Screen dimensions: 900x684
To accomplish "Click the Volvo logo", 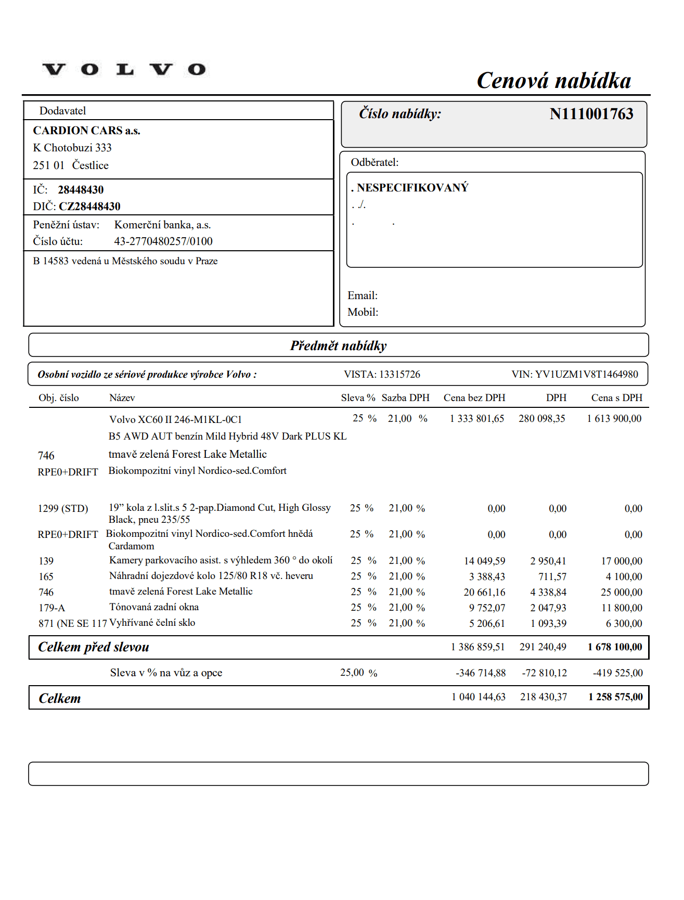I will (x=124, y=69).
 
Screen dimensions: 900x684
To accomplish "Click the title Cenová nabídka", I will (x=553, y=81).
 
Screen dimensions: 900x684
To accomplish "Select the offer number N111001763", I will (x=591, y=114).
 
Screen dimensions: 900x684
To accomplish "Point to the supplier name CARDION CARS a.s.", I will (x=86, y=131).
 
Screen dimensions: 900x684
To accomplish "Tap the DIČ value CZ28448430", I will (x=89, y=207).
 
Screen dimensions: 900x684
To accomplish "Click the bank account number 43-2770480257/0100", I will (x=163, y=241).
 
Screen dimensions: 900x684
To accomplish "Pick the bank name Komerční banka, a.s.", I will (x=162, y=225).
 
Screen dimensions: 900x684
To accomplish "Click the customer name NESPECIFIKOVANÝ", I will (x=412, y=188).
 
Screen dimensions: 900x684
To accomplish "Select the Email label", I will (x=363, y=295).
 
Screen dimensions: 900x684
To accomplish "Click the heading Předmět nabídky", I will (x=338, y=345).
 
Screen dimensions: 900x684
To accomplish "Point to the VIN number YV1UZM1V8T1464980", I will (x=586, y=375).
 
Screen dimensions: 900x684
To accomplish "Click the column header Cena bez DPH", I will (x=474, y=398).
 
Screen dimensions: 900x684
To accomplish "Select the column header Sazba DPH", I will (x=405, y=398).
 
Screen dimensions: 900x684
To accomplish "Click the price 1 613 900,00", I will (x=614, y=419).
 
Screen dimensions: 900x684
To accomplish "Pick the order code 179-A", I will (x=51, y=608).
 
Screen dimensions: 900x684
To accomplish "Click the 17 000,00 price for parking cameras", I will (x=621, y=561).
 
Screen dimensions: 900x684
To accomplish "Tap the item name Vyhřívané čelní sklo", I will (x=152, y=623).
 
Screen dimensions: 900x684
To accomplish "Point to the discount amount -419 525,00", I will (x=617, y=673).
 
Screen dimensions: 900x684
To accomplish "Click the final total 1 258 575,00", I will (x=615, y=697).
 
